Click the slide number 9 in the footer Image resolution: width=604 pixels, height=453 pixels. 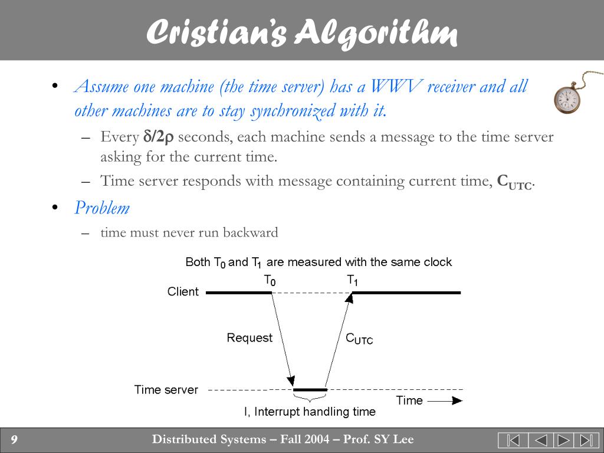point(14,439)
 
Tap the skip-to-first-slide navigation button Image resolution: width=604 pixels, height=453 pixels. point(512,440)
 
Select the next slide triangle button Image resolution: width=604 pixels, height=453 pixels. point(563,440)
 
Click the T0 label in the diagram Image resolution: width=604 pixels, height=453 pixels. point(269,280)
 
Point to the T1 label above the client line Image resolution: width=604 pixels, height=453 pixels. point(352,280)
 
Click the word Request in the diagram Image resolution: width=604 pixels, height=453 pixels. point(250,338)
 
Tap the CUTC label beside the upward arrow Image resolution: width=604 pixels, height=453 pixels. point(359,339)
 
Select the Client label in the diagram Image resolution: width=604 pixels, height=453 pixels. point(183,291)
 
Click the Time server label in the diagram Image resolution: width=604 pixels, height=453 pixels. point(166,390)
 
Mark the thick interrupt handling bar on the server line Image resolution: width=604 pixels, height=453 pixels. point(310,390)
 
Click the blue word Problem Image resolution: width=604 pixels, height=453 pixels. point(101,208)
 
